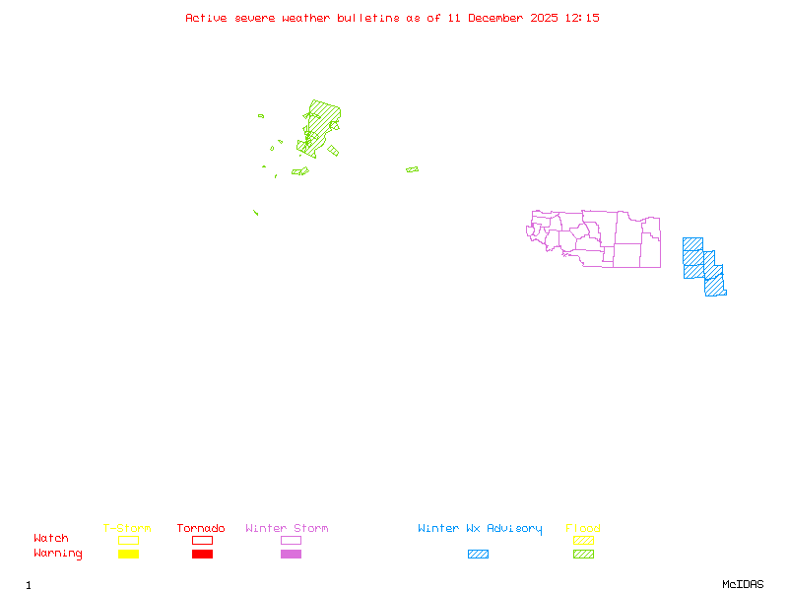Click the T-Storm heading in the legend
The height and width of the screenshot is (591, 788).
127,529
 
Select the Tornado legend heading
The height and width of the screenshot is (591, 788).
201,529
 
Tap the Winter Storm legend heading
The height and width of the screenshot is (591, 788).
287,529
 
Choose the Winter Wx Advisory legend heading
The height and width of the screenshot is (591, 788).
480,529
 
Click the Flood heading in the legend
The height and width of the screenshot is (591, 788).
583,529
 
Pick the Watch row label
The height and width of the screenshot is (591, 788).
51,539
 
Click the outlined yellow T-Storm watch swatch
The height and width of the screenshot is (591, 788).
128,540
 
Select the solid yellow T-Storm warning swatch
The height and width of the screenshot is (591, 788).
128,555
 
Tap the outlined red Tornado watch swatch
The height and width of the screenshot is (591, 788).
202,540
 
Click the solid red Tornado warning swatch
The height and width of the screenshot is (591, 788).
202,555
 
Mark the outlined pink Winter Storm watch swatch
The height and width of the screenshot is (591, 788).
291,540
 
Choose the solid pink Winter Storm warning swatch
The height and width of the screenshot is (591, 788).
291,555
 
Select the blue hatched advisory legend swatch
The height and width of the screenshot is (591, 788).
478,555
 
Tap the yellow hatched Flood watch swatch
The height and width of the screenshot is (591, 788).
583,540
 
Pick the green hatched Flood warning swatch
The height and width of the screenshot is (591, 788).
583,555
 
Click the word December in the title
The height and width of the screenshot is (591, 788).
501,18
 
